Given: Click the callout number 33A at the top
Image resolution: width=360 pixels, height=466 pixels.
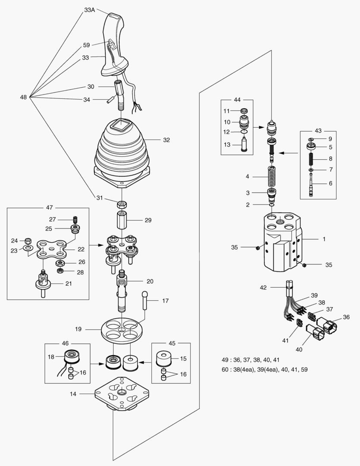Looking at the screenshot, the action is point(89,10).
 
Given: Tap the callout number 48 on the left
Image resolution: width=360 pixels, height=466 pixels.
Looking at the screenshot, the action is point(23,97).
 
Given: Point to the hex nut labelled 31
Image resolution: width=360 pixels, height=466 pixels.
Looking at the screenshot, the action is point(122,205).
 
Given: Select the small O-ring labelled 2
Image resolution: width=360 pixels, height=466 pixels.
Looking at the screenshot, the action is point(272,205).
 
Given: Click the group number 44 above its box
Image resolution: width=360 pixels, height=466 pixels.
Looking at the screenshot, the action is point(237,100).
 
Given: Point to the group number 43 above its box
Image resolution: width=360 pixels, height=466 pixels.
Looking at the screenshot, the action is point(318,131).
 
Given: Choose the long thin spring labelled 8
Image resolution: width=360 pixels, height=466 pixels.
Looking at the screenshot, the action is point(311,159).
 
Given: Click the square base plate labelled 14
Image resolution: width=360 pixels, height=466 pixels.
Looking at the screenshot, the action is point(122,394).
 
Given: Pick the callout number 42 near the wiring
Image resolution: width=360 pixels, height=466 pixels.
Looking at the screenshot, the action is point(263,287).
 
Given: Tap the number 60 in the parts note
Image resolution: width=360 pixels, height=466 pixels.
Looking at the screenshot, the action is point(225,369).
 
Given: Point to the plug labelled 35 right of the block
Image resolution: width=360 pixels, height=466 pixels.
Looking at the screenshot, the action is point(304,265).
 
